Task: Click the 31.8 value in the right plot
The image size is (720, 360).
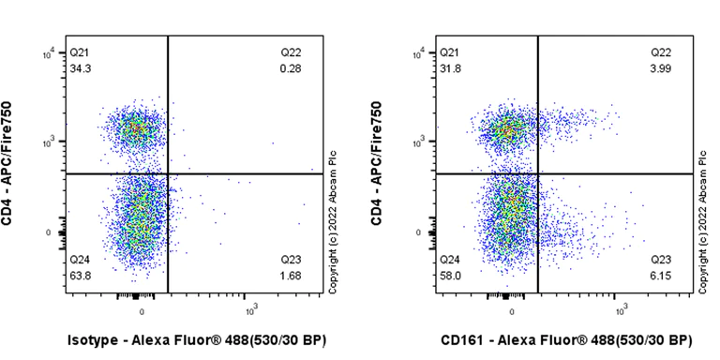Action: (450, 69)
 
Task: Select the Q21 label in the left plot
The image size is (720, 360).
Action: (81, 54)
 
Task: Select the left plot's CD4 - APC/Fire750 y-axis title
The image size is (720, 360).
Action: (8, 165)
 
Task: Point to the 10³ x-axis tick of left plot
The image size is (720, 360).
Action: (251, 309)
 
